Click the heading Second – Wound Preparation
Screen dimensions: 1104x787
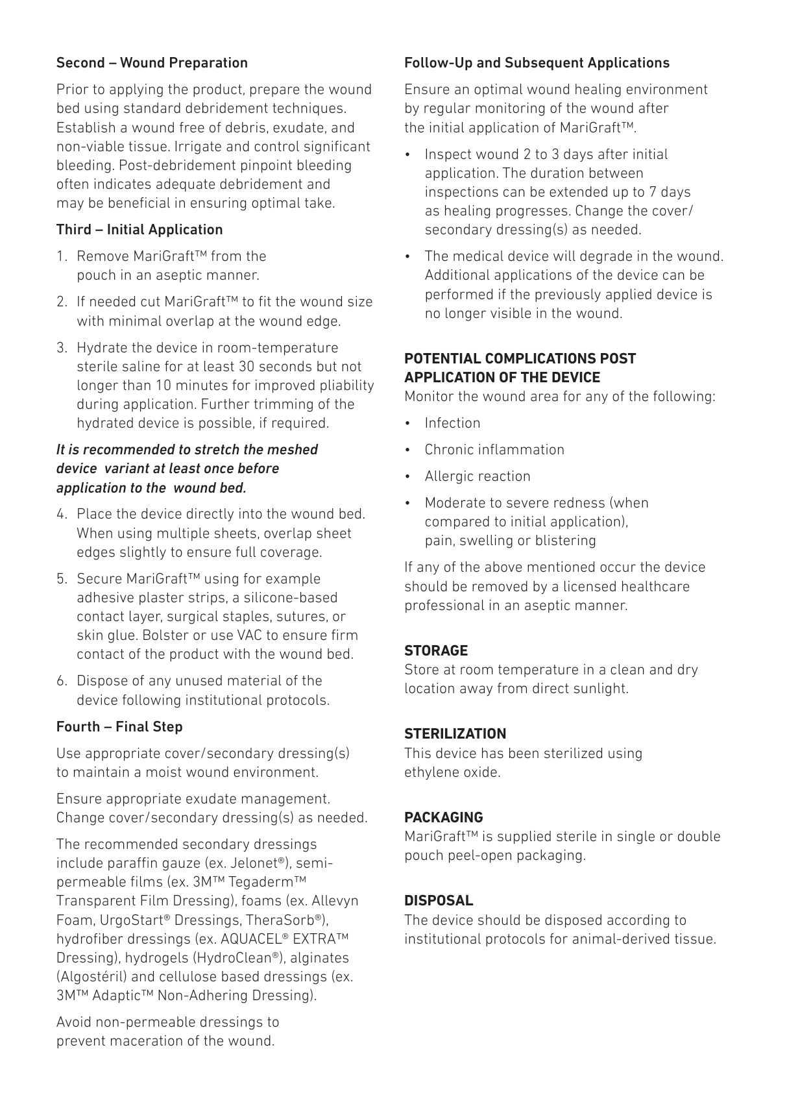pos(152,63)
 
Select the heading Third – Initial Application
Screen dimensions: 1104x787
pos(139,230)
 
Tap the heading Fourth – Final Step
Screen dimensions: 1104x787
pos(119,727)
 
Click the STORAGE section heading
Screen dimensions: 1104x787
pos(436,651)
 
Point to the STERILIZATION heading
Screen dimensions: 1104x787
pos(455,734)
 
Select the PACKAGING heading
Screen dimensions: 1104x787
pos(444,818)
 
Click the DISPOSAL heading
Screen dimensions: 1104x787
pos(439,901)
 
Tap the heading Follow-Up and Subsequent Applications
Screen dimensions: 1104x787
pos(537,63)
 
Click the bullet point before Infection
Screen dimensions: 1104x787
pos(407,423)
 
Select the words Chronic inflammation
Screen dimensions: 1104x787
pos(494,450)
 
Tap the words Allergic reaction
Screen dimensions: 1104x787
pos(478,476)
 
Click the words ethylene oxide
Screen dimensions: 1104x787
pos(452,772)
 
